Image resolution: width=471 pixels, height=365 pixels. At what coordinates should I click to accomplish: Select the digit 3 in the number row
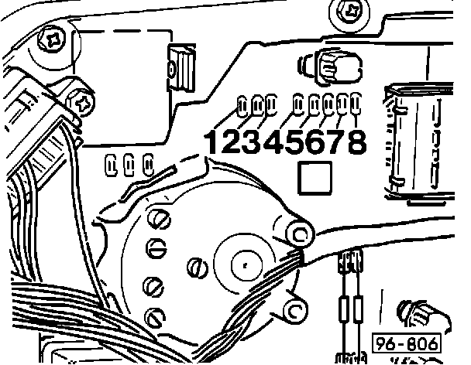coord(252,142)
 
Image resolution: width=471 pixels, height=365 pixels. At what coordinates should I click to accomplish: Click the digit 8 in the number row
coord(356,142)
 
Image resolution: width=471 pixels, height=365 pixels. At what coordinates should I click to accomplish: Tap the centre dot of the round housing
coord(244,263)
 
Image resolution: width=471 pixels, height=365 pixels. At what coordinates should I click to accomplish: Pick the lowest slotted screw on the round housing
coord(156,316)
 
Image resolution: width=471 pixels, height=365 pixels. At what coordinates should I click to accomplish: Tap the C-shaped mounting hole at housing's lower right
coord(295,311)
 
